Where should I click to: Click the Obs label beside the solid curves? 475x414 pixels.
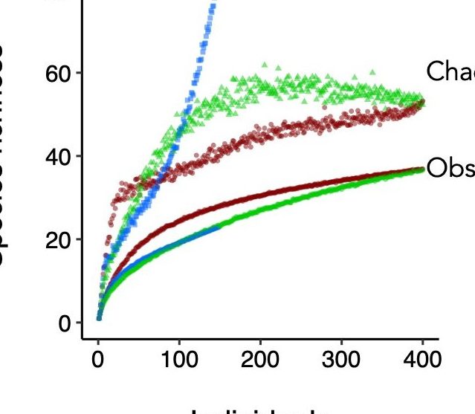450,169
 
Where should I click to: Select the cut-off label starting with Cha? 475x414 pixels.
450,71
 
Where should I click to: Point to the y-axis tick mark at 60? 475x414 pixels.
79,73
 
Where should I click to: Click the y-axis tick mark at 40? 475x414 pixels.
79,156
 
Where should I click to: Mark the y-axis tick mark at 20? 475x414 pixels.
79,239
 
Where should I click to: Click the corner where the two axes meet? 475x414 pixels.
83,339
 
